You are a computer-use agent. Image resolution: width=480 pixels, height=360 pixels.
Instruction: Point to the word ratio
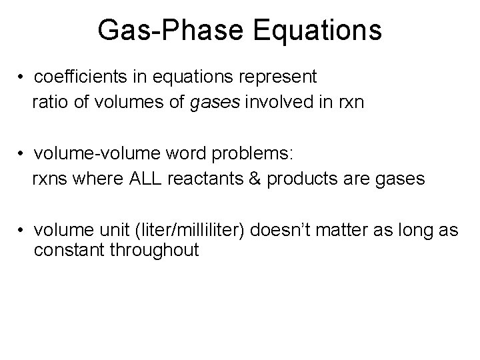pyautogui.click(x=49, y=103)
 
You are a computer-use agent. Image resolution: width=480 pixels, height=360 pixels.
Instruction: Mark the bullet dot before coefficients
pyautogui.click(x=23, y=78)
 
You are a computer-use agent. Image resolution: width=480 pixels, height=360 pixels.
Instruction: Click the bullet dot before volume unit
pyautogui.click(x=23, y=231)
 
